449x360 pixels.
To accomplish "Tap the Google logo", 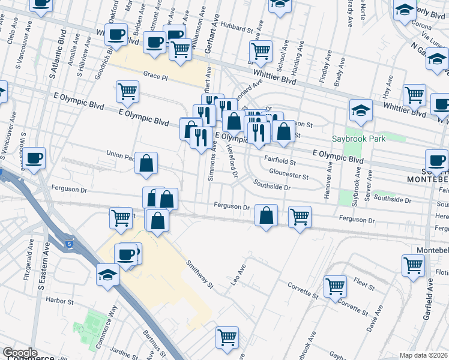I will coord(20,353).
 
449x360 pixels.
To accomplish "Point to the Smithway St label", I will coord(199,274).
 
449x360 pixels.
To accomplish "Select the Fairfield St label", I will coord(281,161).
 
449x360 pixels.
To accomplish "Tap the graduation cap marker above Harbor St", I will coord(108,277).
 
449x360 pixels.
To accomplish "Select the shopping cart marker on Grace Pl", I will coord(128,92).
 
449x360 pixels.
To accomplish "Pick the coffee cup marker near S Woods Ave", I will coord(34,158).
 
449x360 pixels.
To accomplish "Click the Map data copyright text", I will coord(424,354).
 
